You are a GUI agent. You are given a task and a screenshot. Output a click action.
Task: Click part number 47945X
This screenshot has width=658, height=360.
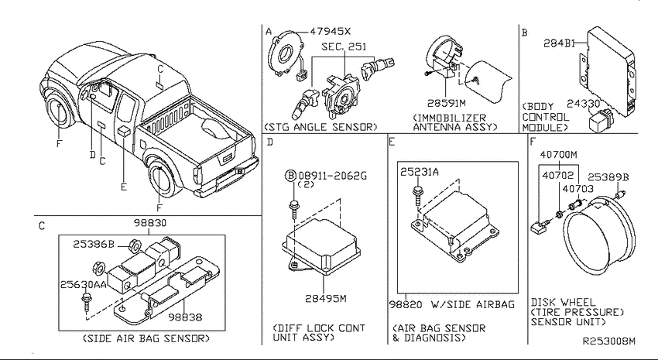pyautogui.click(x=331, y=32)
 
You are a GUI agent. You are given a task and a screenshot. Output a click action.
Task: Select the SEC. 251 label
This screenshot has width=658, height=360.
pyautogui.click(x=344, y=46)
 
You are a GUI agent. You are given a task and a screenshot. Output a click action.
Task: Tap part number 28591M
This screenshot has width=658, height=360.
pyautogui.click(x=447, y=103)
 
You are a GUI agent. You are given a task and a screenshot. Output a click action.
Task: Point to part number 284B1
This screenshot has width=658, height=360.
pyautogui.click(x=560, y=43)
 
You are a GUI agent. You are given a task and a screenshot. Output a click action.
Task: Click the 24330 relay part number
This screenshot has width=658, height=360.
pyautogui.click(x=584, y=104)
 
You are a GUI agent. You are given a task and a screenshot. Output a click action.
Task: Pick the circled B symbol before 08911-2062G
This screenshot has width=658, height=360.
pyautogui.click(x=290, y=176)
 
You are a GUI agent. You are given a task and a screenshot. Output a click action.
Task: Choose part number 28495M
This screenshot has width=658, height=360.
pyautogui.click(x=326, y=298)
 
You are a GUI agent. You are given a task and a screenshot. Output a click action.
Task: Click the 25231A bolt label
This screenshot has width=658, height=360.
pyautogui.click(x=420, y=172)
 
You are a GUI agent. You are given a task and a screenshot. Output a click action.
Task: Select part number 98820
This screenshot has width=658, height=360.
pyautogui.click(x=406, y=304)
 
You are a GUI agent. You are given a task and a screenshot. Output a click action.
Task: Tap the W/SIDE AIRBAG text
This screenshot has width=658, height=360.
pyautogui.click(x=473, y=304)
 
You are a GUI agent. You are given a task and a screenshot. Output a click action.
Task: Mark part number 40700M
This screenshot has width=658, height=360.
pyautogui.click(x=559, y=154)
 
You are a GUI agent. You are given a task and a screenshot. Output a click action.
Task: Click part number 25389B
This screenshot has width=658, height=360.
pyautogui.click(x=608, y=177)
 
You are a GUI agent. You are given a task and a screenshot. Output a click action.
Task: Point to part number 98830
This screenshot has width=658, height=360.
pyautogui.click(x=150, y=223)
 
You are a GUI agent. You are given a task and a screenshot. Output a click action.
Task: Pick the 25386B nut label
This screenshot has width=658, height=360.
pyautogui.click(x=94, y=244)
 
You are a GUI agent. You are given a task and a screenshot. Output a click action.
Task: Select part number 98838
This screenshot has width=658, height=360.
pyautogui.click(x=185, y=317)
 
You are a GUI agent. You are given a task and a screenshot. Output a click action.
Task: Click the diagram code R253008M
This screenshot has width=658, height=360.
pyautogui.click(x=609, y=341)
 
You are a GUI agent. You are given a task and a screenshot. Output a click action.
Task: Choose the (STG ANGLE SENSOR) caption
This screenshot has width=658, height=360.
pyautogui.click(x=320, y=127)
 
